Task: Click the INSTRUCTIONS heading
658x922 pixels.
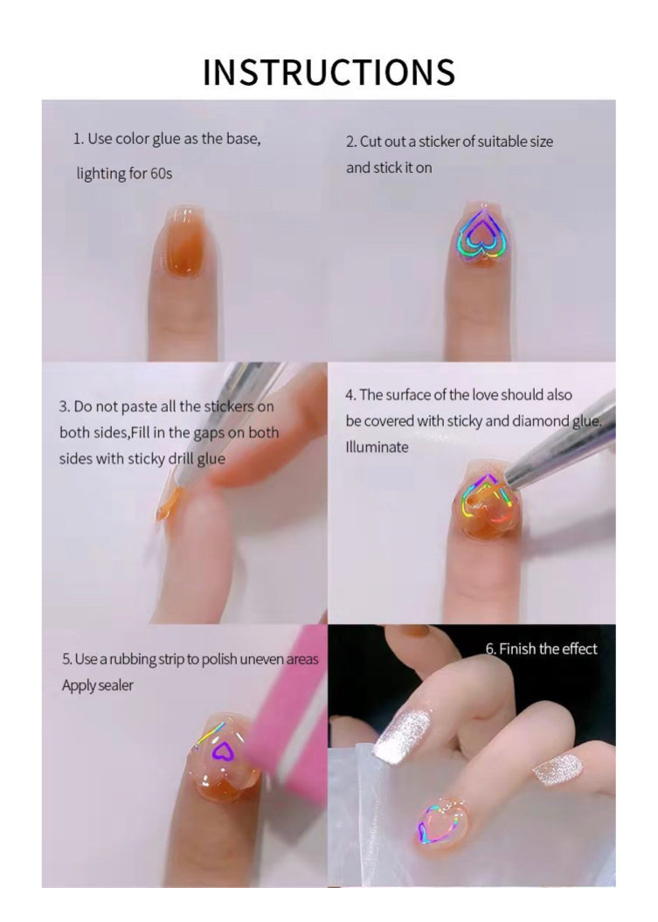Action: [x=329, y=72]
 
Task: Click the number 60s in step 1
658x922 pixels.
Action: [x=162, y=174]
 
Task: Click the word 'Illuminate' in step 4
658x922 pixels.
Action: [x=377, y=447]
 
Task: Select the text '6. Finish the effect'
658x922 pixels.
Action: [x=541, y=648]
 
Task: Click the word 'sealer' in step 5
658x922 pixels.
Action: [x=116, y=686]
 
